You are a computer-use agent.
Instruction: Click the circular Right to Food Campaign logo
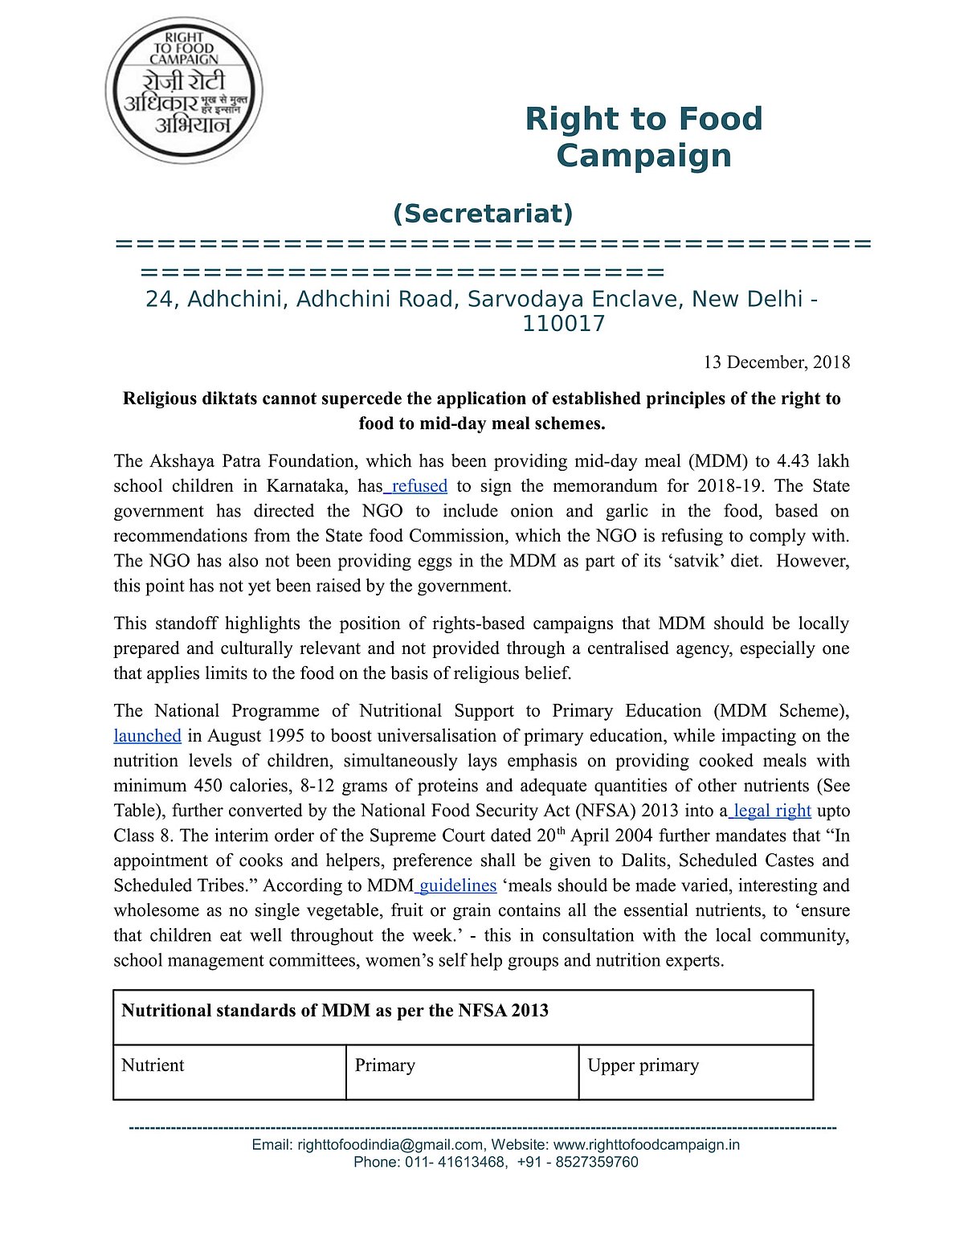click(x=184, y=91)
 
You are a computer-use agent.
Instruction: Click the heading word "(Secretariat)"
click(x=483, y=214)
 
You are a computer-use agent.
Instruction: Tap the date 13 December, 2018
click(x=776, y=362)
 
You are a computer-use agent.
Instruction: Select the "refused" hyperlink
click(x=419, y=486)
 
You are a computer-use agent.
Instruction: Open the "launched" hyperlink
click(x=147, y=736)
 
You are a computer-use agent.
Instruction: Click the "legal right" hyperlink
click(x=772, y=811)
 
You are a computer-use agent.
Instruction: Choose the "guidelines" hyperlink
click(x=458, y=885)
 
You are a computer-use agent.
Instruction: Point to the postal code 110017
click(x=563, y=324)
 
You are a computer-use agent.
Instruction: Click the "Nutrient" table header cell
click(x=153, y=1065)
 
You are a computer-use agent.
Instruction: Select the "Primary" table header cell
click(x=385, y=1065)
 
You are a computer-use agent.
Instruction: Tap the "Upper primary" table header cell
click(x=643, y=1065)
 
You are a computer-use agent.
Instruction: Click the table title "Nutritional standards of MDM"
click(x=334, y=1011)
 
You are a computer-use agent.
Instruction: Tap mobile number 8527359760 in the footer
click(x=595, y=1162)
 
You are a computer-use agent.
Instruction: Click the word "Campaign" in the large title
click(x=643, y=156)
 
